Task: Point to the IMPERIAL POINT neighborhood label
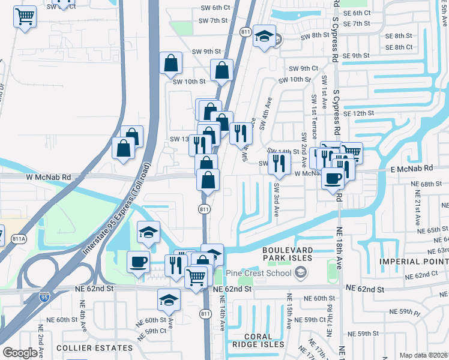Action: pos(414,262)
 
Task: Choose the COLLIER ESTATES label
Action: pos(94,348)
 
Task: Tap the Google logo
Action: pos(20,353)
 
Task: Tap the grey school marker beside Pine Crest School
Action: pos(300,274)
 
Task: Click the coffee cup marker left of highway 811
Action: pos(139,262)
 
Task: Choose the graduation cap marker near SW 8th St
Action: pos(264,37)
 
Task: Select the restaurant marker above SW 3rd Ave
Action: pos(279,162)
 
